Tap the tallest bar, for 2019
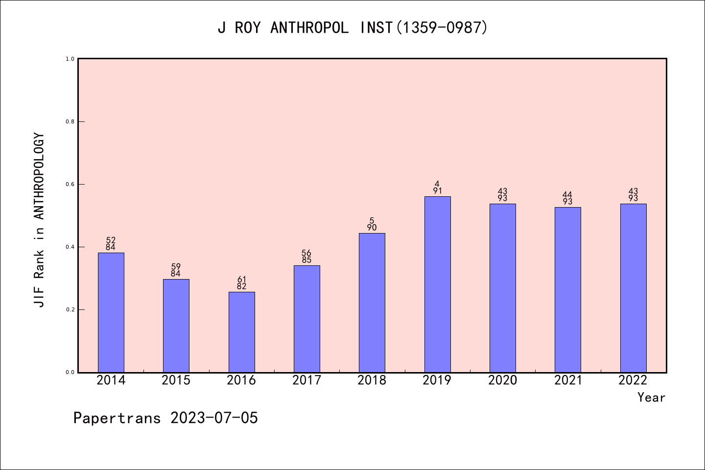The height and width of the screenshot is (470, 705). (x=437, y=284)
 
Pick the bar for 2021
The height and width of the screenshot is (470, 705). (x=567, y=289)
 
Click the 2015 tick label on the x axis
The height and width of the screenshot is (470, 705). (x=176, y=380)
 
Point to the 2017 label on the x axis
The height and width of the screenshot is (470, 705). (x=306, y=380)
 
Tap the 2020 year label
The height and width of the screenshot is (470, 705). (x=502, y=380)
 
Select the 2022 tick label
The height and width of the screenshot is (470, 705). (x=633, y=380)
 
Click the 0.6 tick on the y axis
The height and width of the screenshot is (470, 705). (x=70, y=184)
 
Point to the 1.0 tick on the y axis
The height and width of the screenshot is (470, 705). (x=70, y=59)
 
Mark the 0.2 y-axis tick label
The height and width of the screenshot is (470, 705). (x=70, y=309)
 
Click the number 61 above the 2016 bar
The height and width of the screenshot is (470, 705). (x=241, y=280)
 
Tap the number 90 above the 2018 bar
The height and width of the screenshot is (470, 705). (x=372, y=228)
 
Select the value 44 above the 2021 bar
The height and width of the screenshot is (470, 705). (x=567, y=195)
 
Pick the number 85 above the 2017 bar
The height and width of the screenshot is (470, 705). (x=306, y=260)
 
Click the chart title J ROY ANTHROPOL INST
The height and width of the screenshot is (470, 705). (x=352, y=28)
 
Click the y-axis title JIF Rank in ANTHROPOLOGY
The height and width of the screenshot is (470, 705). (x=39, y=220)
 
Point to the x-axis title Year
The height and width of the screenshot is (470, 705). (x=651, y=398)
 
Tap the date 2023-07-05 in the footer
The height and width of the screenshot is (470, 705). (x=214, y=418)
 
